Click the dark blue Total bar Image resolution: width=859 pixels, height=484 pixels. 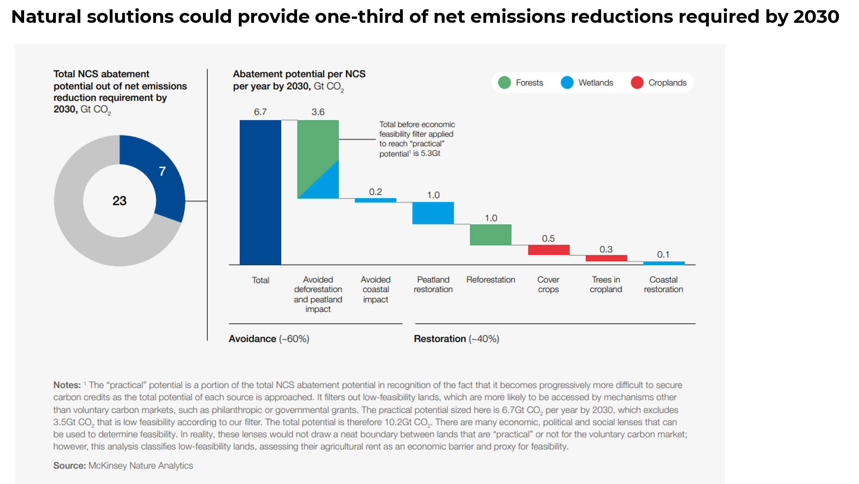(260, 192)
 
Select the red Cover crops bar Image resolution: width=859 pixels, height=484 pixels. (549, 250)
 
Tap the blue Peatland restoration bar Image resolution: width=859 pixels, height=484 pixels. (433, 213)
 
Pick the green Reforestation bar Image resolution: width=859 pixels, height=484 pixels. (490, 235)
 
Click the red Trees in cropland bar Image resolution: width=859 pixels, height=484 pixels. (606, 258)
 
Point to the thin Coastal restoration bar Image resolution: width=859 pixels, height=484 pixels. (664, 263)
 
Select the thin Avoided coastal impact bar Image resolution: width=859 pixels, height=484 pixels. (375, 200)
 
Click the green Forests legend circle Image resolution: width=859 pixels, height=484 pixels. (504, 82)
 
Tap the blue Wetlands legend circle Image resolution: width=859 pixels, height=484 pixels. (567, 82)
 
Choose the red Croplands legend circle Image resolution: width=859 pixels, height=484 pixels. (637, 82)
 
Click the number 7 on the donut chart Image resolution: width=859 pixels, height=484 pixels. (162, 172)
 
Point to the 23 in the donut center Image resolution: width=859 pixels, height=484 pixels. (119, 201)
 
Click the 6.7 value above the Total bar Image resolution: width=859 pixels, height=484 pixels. (260, 112)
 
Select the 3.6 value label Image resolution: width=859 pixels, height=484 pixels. (318, 112)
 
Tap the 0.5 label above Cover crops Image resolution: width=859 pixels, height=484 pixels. (548, 238)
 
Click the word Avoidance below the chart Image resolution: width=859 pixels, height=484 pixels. (252, 339)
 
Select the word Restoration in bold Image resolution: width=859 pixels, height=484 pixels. (440, 339)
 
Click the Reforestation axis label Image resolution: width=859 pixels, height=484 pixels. (490, 280)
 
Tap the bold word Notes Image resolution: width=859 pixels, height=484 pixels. (67, 385)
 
